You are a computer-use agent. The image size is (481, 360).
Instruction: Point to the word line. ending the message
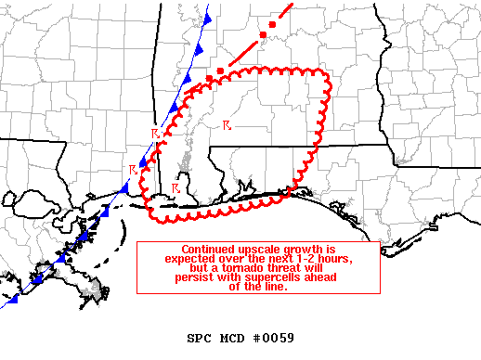(272, 287)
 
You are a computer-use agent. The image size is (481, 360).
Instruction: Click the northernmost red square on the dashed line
(272, 24)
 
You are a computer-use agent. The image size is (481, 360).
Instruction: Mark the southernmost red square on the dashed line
(220, 71)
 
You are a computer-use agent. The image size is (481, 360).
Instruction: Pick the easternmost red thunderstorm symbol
(227, 123)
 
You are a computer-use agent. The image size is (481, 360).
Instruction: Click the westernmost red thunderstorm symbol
(134, 170)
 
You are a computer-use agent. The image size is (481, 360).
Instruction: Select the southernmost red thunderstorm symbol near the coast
(175, 188)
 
